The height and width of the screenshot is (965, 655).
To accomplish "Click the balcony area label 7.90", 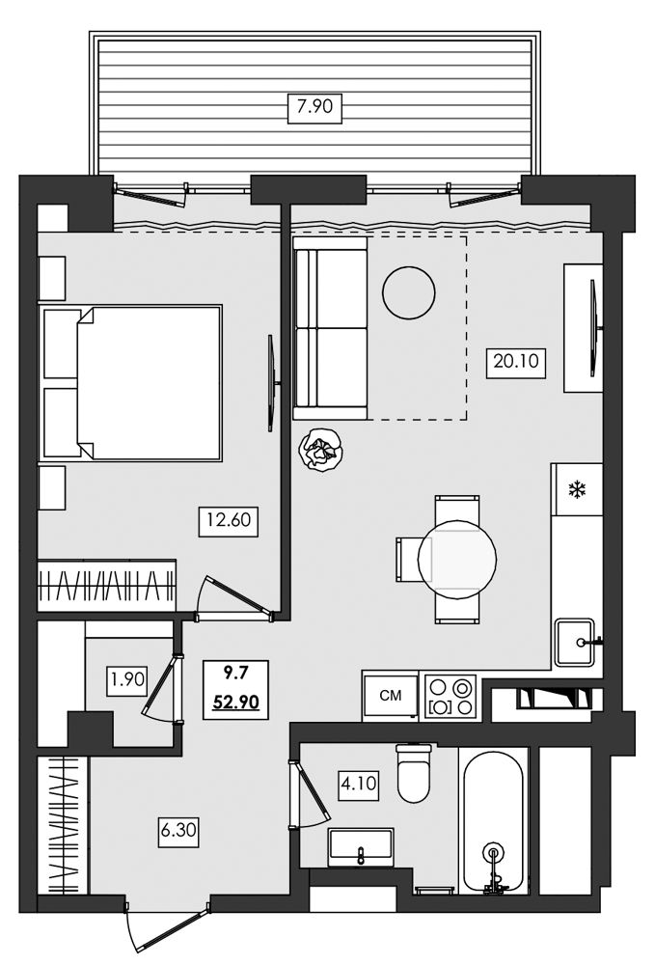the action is click(314, 106).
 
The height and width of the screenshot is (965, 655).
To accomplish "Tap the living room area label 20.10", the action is click(516, 361).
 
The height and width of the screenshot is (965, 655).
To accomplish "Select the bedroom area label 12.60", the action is click(229, 520).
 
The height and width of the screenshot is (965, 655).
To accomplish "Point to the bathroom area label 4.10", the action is click(357, 784).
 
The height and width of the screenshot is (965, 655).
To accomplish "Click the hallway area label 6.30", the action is click(177, 831).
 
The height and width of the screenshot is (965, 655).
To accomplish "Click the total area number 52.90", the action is click(236, 701).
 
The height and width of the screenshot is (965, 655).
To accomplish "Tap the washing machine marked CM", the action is click(390, 696).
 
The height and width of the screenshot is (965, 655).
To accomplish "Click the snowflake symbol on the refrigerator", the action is click(576, 490).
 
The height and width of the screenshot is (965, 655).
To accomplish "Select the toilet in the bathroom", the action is click(414, 773).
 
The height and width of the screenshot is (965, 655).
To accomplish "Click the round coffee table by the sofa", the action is click(408, 292).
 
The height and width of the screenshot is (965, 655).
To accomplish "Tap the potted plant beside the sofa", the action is click(320, 450).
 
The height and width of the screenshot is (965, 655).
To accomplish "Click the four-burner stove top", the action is click(450, 697).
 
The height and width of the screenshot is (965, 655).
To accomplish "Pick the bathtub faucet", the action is click(494, 869).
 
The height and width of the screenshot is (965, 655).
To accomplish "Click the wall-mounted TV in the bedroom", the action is click(271, 383).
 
